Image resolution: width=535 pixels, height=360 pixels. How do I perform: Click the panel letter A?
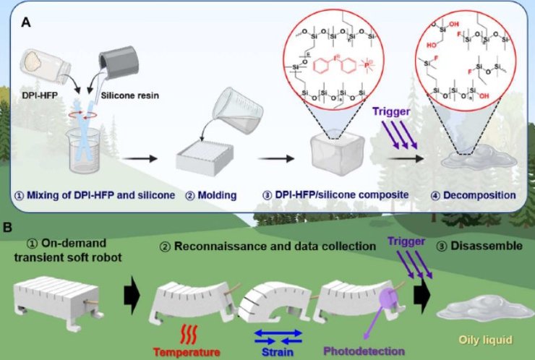(x=26, y=22)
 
